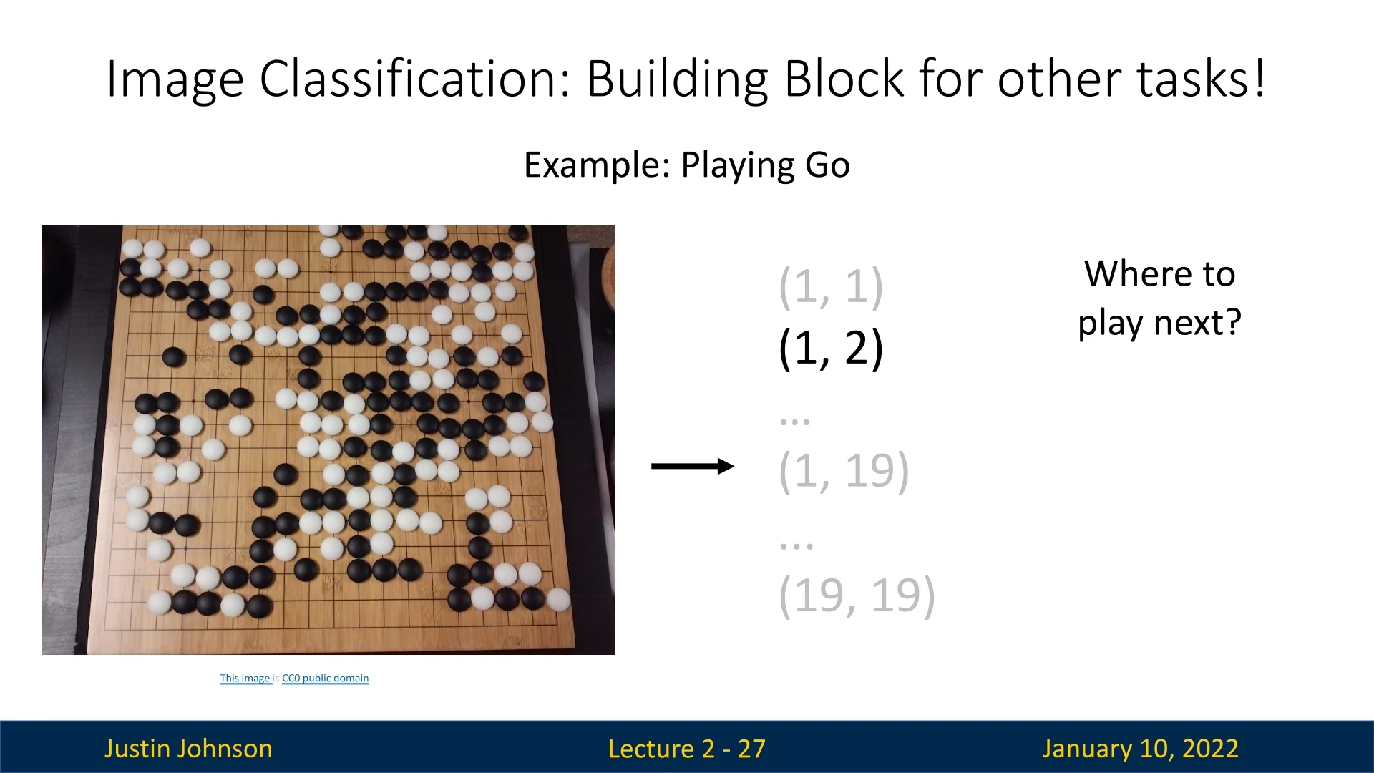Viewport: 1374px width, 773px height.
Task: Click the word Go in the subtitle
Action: [x=827, y=165]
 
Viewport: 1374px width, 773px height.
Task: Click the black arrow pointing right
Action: [x=693, y=467]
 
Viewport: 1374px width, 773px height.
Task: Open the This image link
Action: [x=245, y=678]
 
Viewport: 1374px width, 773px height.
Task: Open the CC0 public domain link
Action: [x=326, y=678]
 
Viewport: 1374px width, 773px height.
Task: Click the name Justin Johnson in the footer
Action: [x=188, y=749]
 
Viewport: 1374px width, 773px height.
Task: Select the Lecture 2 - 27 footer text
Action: [x=687, y=749]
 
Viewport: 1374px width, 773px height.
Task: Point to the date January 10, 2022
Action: [x=1140, y=749]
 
